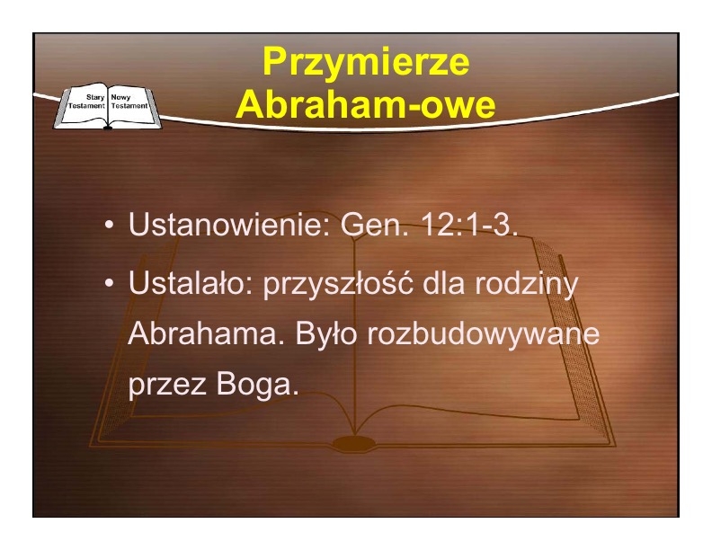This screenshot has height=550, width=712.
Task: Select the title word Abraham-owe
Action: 366,105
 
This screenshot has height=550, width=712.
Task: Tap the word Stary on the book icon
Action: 95,97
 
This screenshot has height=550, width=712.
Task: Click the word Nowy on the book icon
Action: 120,97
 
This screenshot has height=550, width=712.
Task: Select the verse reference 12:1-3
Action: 469,224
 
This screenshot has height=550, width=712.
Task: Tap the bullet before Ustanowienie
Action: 109,225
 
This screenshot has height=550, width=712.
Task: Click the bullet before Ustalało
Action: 109,283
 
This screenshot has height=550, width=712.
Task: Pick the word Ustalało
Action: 191,282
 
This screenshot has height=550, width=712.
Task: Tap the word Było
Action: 326,333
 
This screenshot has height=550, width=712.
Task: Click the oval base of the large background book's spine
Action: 354,443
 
